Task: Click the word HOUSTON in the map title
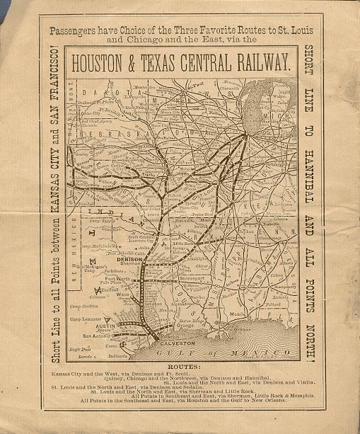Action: (x=115, y=63)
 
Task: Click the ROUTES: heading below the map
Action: (x=180, y=367)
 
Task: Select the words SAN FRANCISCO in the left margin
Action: (x=55, y=95)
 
